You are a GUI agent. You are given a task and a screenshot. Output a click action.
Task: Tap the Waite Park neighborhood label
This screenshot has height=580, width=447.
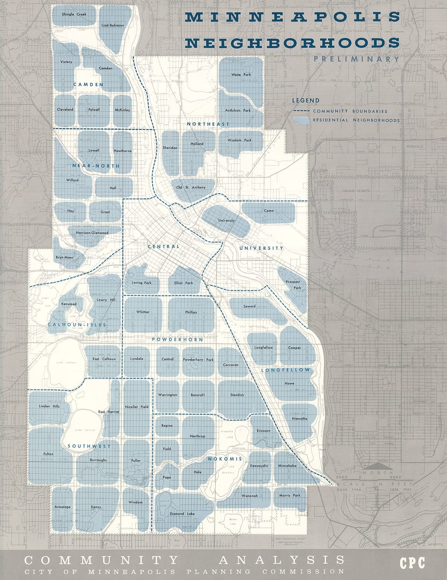coord(241,75)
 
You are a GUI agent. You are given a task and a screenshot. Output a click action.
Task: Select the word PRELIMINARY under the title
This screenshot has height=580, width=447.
coord(356,59)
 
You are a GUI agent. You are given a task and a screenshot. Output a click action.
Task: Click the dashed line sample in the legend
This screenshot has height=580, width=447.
coord(301,111)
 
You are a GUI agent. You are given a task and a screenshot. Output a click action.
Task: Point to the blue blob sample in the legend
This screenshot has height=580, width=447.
coord(301,120)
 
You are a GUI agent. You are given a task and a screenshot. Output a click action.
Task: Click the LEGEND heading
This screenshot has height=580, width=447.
coord(305,100)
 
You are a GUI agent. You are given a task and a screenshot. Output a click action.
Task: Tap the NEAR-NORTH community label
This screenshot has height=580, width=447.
coord(96,166)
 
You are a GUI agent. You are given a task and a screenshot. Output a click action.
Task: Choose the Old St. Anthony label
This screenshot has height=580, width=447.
coord(191,187)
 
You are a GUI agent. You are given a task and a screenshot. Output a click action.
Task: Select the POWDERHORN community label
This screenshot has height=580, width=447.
coord(178,340)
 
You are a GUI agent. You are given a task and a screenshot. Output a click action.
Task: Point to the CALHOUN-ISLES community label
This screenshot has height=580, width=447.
coord(77,325)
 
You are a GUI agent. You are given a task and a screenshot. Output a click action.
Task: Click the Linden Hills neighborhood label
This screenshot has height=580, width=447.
coord(49,406)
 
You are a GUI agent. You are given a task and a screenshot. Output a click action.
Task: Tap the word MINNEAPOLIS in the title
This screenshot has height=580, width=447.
coord(292,17)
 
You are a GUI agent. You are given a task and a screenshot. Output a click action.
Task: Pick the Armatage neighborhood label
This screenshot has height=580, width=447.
coord(62,507)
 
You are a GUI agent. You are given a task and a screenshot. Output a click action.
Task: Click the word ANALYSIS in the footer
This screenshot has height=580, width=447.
coord(282,560)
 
